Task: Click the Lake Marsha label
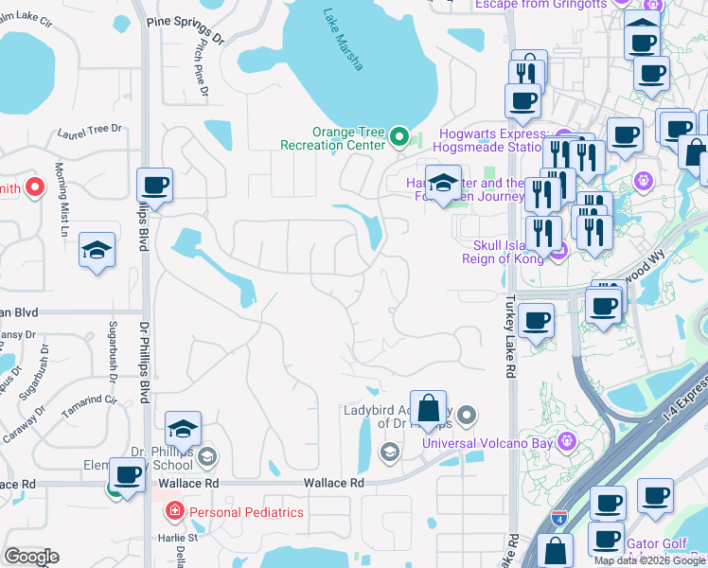[344, 39]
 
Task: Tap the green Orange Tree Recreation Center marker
[398, 138]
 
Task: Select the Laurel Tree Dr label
[91, 130]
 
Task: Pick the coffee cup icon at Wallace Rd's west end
[127, 474]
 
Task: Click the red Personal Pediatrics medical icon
[174, 512]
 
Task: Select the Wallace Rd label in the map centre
[333, 483]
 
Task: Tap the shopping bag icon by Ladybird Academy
[428, 408]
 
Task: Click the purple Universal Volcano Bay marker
[566, 440]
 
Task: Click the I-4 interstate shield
[557, 518]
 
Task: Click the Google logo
[31, 557]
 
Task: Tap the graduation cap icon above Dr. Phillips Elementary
[183, 429]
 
